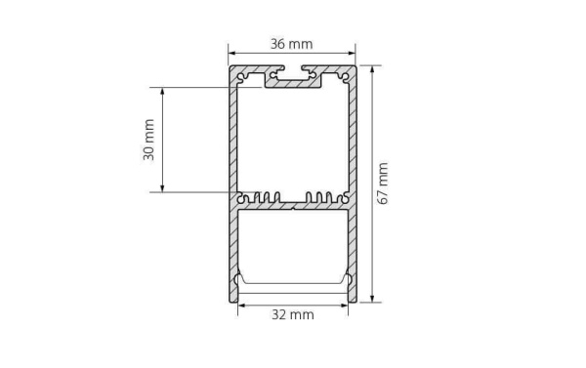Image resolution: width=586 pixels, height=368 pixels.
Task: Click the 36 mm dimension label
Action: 292,44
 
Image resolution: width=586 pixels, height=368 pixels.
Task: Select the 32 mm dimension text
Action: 292,315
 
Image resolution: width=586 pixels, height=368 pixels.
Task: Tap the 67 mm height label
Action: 384,184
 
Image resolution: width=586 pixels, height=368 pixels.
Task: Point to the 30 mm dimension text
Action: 148,140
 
